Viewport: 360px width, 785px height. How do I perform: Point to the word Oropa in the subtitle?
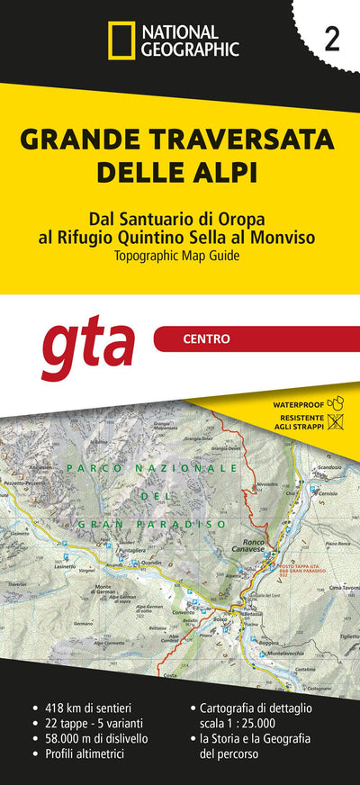click(x=248, y=220)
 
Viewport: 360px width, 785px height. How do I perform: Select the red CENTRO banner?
click(x=256, y=339)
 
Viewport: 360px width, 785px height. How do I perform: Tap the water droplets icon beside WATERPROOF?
click(x=336, y=403)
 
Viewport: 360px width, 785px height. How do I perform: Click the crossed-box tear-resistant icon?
click(x=336, y=421)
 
